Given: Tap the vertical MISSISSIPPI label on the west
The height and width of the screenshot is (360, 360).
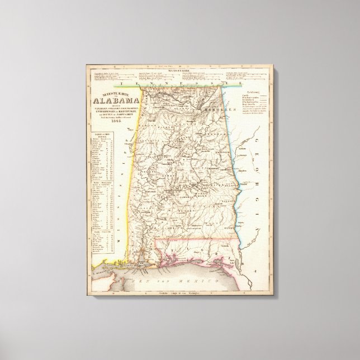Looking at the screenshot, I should coord(122,193).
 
